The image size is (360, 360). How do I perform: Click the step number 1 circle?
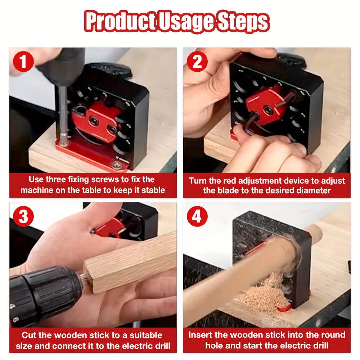24,62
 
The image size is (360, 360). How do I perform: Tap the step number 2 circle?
197,62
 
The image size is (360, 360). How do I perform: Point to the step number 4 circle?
197,216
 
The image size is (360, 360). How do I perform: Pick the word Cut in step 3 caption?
30,335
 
